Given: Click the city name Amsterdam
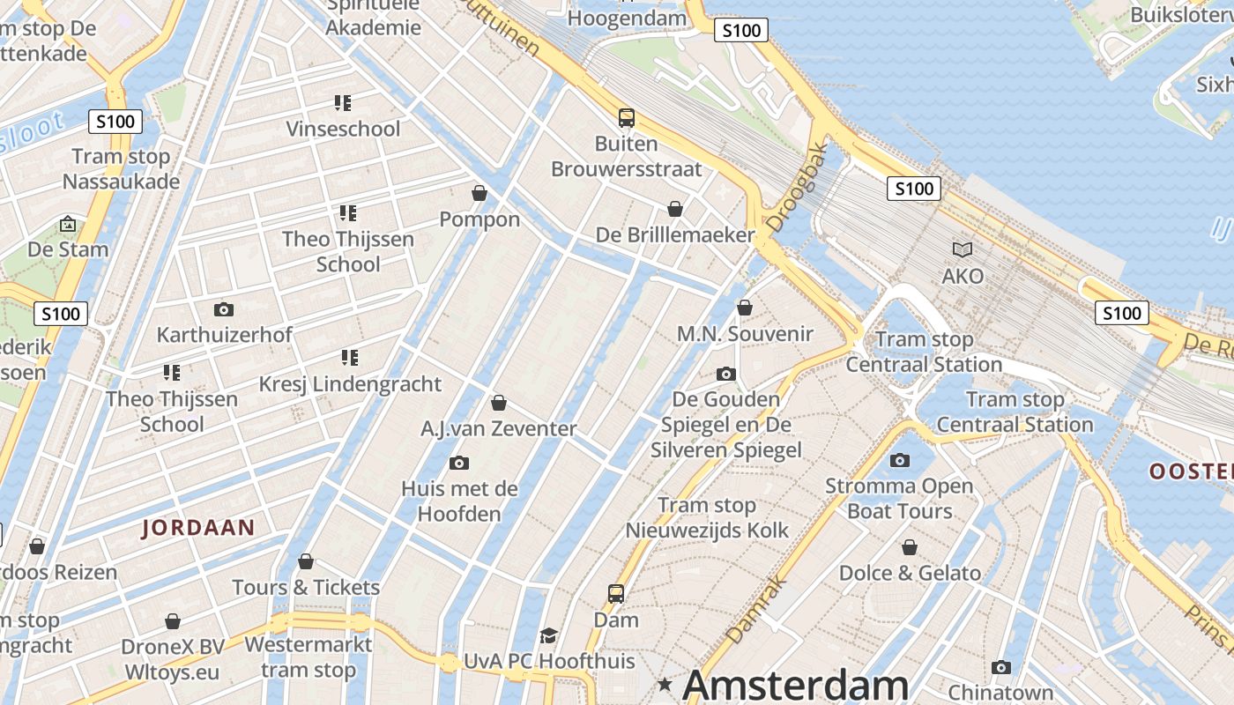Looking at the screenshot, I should click(795, 685).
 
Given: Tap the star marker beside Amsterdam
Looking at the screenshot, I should click(665, 684).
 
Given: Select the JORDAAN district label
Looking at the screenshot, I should click(198, 528).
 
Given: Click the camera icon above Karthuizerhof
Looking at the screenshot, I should click(223, 309).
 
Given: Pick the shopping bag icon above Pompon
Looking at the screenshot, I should click(479, 193).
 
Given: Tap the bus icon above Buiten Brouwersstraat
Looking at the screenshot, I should click(626, 117).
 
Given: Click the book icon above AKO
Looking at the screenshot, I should click(963, 250).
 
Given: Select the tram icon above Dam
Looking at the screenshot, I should click(615, 594).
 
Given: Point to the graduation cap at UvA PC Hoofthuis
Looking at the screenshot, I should click(548, 635).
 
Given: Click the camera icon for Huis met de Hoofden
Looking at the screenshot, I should click(458, 463).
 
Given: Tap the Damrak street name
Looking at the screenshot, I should click(755, 609).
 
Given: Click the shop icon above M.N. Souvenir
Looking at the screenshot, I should click(745, 308).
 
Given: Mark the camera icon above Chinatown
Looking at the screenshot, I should click(1000, 667).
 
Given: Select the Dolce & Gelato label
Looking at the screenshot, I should click(910, 573).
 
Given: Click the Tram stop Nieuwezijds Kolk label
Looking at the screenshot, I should click(707, 517).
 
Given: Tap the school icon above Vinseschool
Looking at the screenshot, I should click(343, 103).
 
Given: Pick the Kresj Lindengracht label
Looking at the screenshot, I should click(350, 384).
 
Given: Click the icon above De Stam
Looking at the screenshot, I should click(68, 224).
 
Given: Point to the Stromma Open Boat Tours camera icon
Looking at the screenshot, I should click(899, 460).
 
